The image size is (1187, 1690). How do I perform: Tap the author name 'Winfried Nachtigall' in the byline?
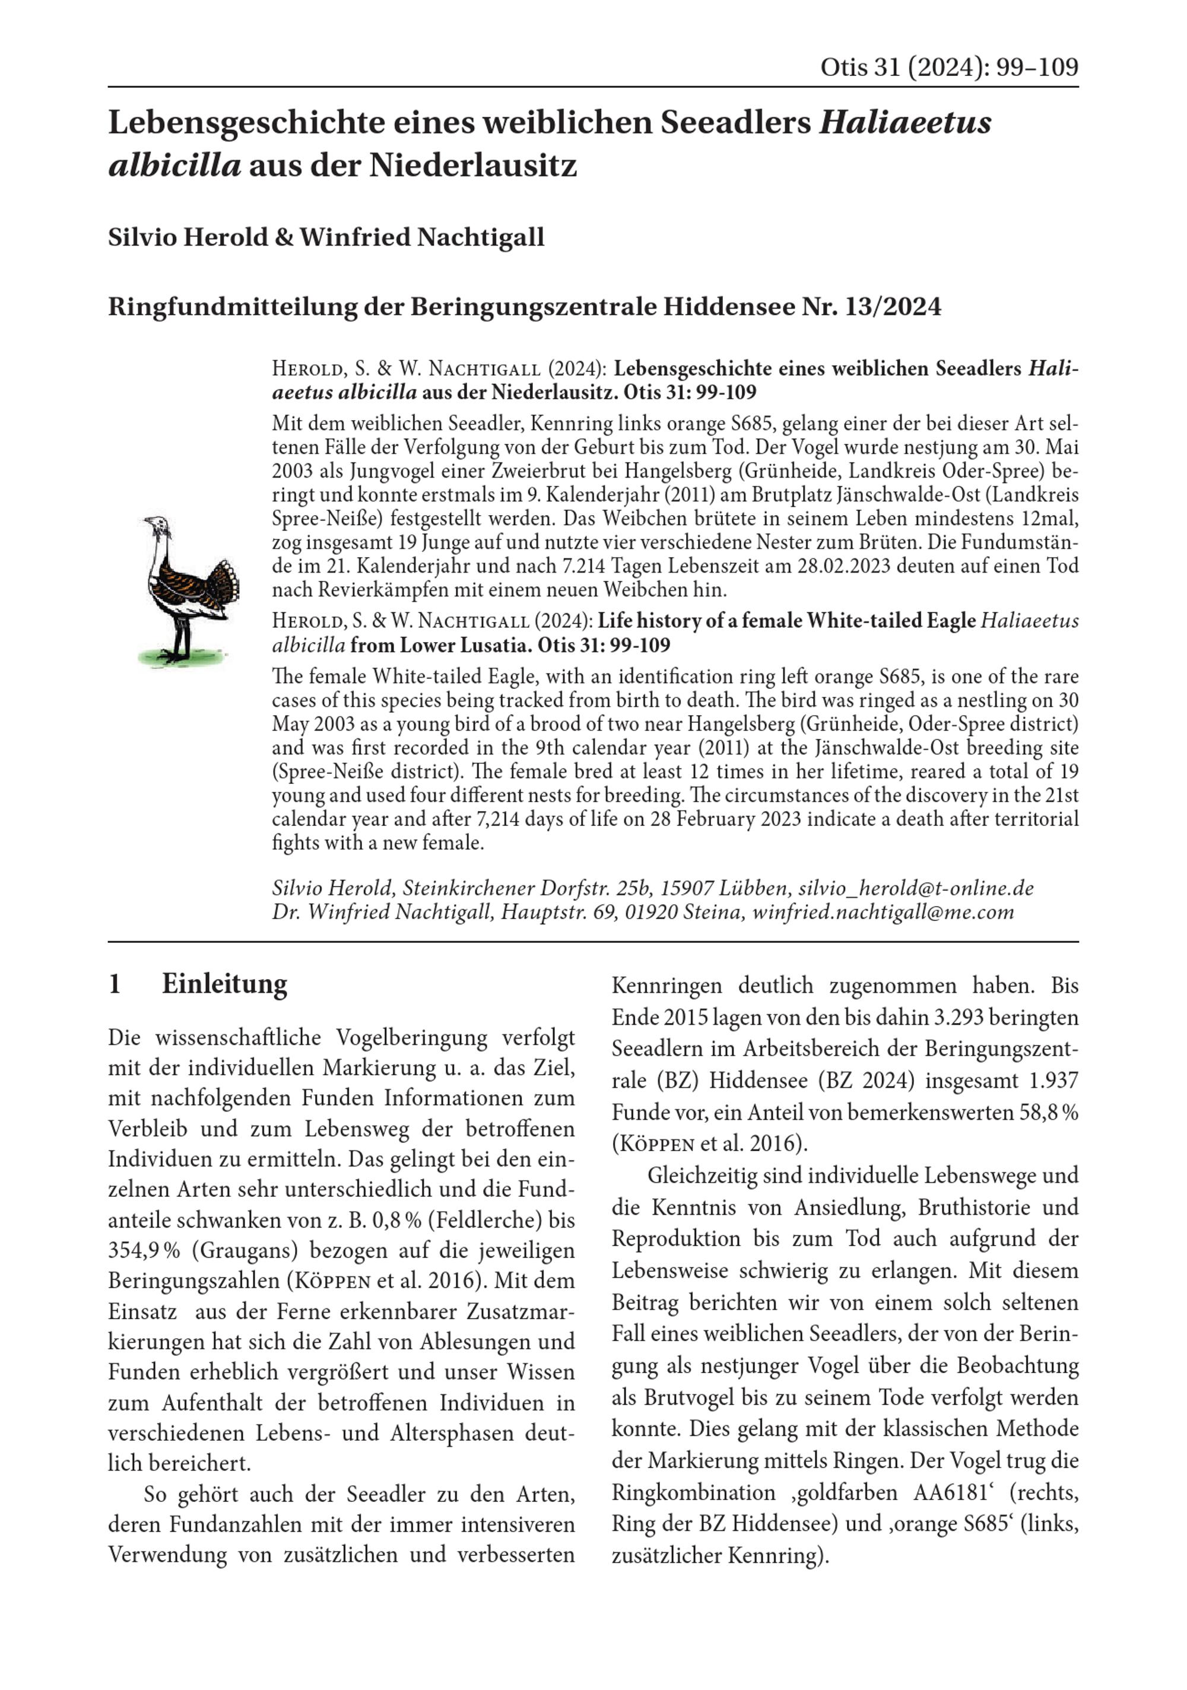(x=422, y=237)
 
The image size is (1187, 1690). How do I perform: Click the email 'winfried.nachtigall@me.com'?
(x=883, y=913)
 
